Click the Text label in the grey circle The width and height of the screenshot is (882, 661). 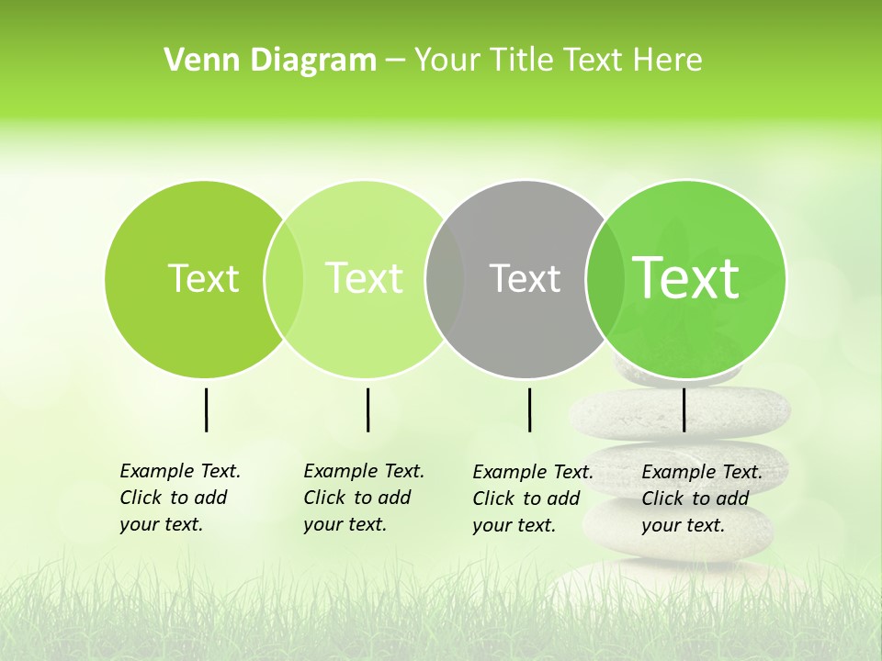point(525,278)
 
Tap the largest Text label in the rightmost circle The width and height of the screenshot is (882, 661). point(686,278)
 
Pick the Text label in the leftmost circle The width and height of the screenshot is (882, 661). point(203,278)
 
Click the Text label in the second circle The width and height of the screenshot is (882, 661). point(364,278)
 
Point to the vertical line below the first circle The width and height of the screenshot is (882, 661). point(206,409)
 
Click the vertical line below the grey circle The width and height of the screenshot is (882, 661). point(529,409)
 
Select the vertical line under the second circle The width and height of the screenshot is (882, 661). point(367,409)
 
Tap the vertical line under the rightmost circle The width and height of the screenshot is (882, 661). point(684,409)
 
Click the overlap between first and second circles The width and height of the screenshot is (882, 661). point(284,278)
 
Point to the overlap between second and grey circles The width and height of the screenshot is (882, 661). point(445,278)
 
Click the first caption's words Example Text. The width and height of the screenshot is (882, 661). point(180,471)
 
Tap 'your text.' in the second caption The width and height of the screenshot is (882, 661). point(345,524)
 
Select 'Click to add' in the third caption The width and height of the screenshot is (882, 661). point(526,499)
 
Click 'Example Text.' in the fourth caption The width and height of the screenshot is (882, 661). point(702,472)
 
